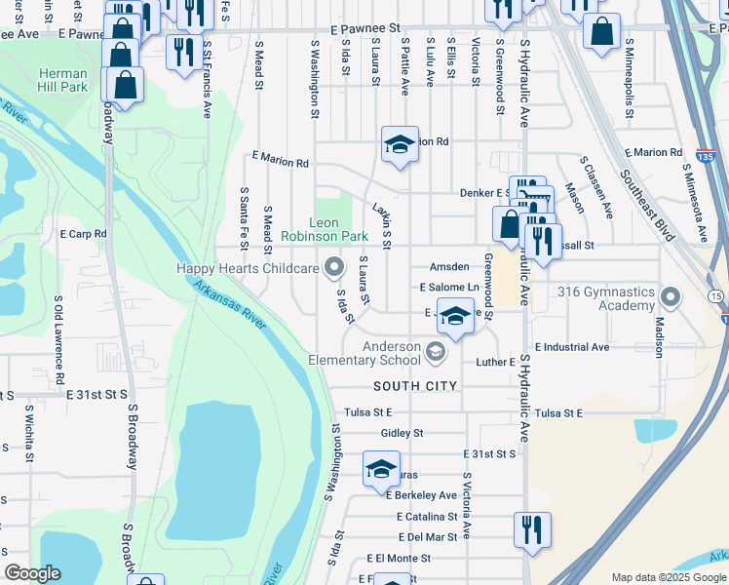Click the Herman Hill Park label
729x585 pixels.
pos(63,81)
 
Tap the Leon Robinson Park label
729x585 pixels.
pos(325,229)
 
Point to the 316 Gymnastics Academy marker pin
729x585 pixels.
pos(671,295)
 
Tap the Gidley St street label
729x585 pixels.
pos(403,432)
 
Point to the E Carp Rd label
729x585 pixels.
pos(83,235)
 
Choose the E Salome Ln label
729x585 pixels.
pos(449,288)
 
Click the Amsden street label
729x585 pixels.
pos(449,267)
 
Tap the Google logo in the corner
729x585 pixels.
pos(33,573)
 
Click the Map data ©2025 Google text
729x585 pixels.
pos(668,577)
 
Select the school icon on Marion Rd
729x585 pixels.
pos(400,145)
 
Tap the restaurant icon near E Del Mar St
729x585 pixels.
pos(532,530)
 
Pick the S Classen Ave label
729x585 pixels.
pos(596,186)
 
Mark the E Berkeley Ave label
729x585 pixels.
pos(421,495)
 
